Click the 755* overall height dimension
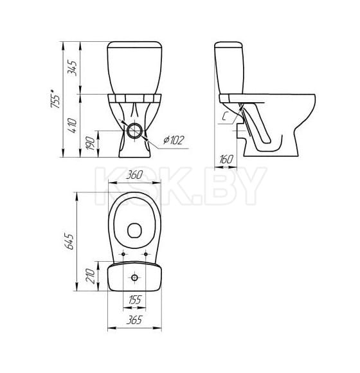pos(55,99)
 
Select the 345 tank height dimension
pos(73,68)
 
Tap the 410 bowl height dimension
pos(73,125)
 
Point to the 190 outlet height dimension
pos(91,143)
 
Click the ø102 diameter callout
pos(174,140)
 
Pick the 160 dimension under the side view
pos(226,159)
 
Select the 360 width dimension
pos(134,176)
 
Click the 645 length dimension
pos(69,241)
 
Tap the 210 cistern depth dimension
pos(91,276)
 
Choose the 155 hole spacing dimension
pos(134,300)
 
